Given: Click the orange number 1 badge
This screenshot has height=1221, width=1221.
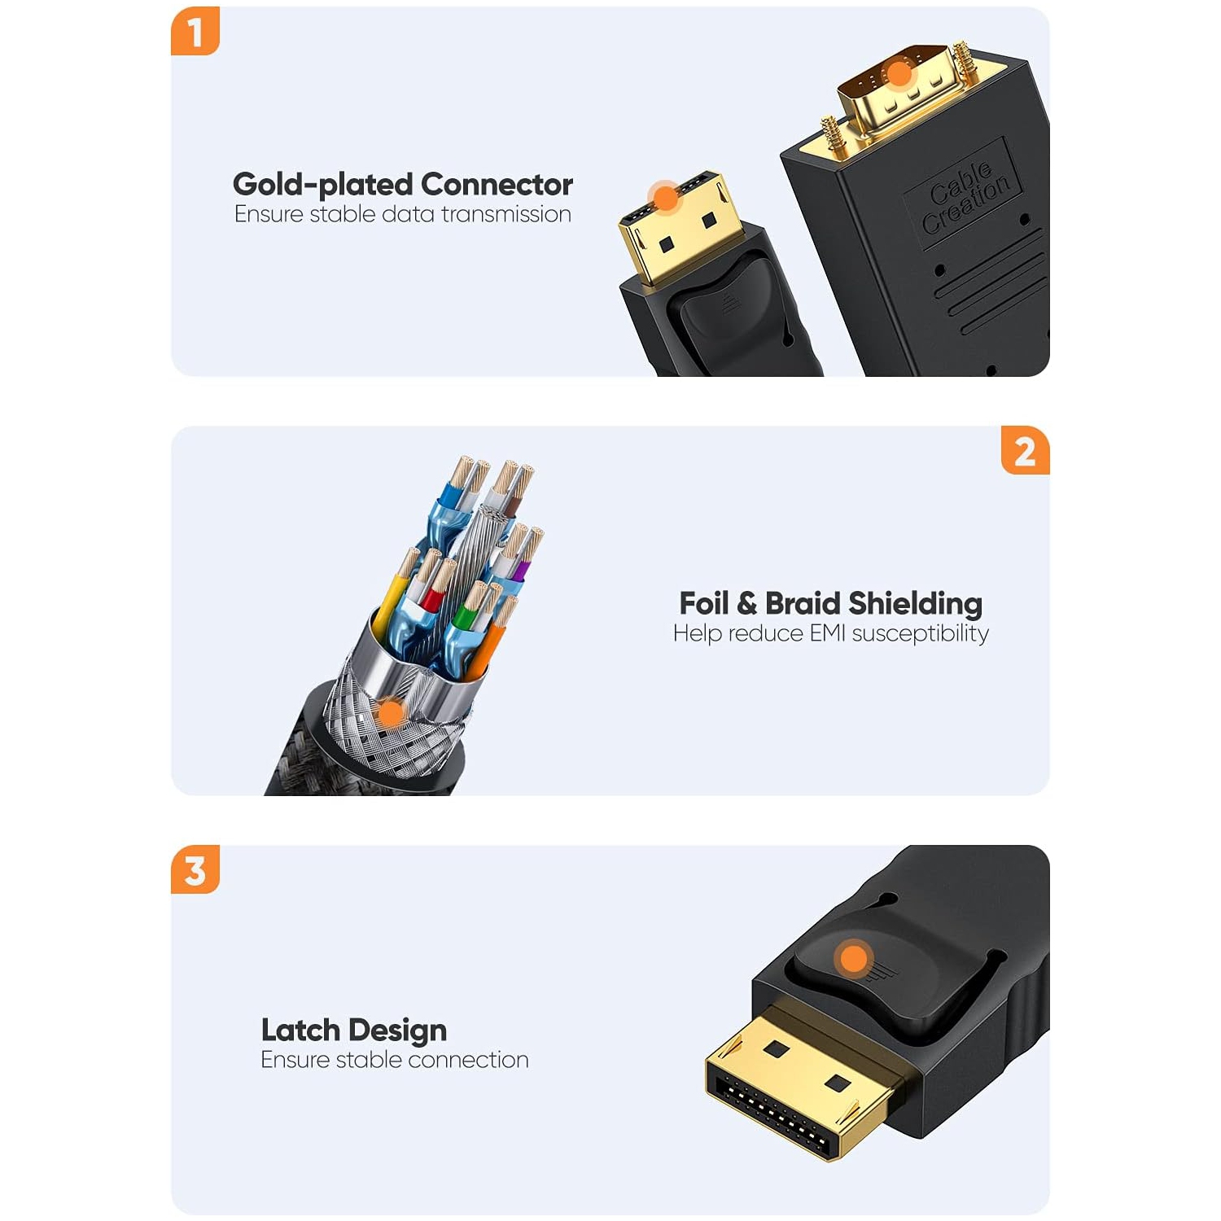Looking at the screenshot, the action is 195,31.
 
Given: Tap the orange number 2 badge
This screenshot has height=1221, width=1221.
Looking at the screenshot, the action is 1026,450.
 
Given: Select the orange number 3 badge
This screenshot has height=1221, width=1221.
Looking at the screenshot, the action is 195,869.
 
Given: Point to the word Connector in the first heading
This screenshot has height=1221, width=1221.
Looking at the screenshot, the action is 497,185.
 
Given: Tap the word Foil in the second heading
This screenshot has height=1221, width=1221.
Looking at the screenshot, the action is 704,603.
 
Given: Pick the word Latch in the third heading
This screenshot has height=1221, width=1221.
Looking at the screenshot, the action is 300,1031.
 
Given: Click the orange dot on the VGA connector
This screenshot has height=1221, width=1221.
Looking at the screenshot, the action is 899,75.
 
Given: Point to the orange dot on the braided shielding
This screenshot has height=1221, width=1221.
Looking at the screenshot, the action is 392,715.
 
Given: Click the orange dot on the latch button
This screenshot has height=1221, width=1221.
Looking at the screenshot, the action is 854,958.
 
